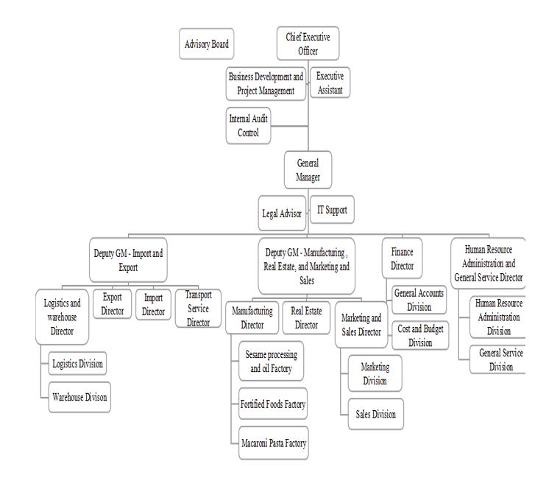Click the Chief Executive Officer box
point(308,43)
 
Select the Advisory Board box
point(206,44)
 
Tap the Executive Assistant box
point(330,82)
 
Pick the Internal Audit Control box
point(249,125)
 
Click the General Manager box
point(308,170)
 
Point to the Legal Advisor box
point(281,214)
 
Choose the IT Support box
point(332,210)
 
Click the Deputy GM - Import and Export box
point(128,260)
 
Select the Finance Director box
point(402,258)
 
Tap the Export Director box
point(113,304)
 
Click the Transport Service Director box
point(198,309)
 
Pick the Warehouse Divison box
point(79,397)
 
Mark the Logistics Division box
point(77,363)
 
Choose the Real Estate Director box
point(306,318)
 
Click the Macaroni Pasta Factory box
point(274,443)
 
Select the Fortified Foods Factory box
point(273,404)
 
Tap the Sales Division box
point(375,414)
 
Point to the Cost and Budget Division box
point(420,336)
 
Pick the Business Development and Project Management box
point(266,83)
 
